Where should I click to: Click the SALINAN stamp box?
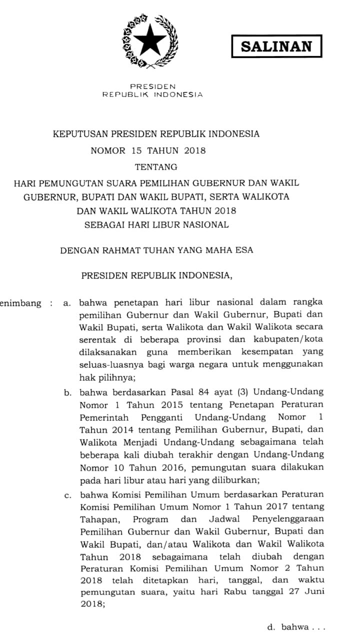click(x=276, y=46)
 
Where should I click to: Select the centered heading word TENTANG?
click(x=156, y=167)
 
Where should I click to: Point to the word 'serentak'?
click(x=97, y=339)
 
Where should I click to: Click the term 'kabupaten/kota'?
click(x=294, y=339)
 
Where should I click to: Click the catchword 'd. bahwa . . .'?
click(x=296, y=627)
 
